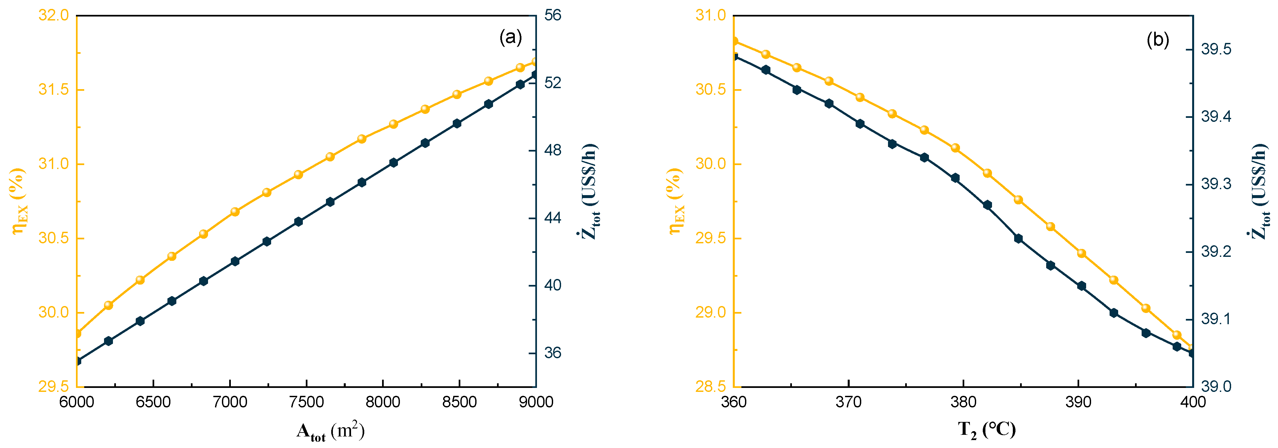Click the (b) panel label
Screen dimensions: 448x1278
pyautogui.click(x=1157, y=40)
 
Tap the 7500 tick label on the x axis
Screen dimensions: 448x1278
pyautogui.click(x=306, y=402)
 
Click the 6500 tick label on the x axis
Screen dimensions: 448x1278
pyautogui.click(x=153, y=402)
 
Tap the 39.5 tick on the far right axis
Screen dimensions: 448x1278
pyautogui.click(x=1216, y=50)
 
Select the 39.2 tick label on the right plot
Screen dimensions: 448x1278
pyautogui.click(x=1216, y=252)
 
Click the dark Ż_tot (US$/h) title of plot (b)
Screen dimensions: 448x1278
pyautogui.click(x=1260, y=191)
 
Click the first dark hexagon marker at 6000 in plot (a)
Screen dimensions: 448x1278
pyautogui.click(x=77, y=361)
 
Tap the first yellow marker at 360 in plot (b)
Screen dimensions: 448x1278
pyautogui.click(x=734, y=41)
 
